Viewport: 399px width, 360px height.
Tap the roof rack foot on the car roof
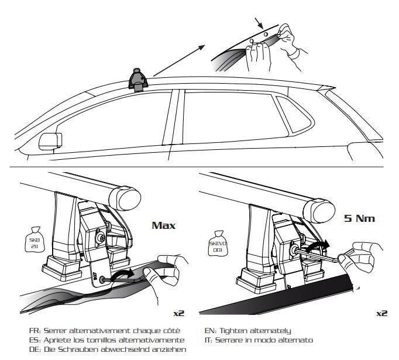pos(137,80)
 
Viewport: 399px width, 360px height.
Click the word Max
pos(164,224)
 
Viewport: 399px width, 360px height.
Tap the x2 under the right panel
pos(381,313)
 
